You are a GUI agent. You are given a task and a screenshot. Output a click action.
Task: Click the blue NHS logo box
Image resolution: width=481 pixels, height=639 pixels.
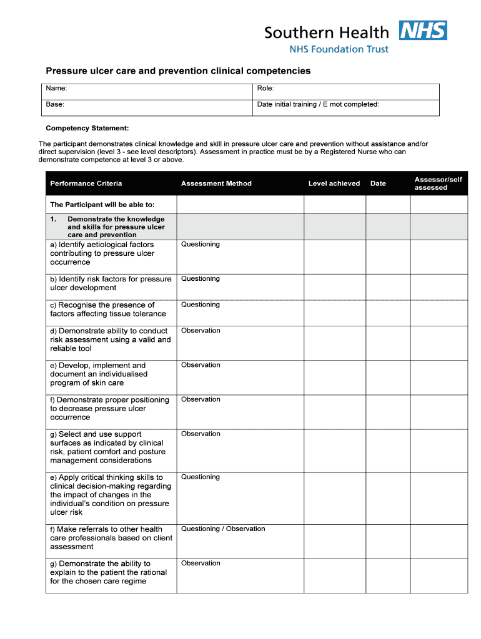tap(423, 31)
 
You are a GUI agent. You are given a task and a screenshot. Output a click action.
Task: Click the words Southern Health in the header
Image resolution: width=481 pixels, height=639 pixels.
tap(326, 32)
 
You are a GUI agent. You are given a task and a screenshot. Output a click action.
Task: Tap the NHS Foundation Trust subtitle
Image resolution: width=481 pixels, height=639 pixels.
tap(339, 49)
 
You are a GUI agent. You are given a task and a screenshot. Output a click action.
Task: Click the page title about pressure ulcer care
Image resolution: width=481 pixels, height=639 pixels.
tap(178, 71)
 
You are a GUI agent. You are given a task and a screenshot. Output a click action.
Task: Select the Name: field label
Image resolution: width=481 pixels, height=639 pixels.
tap(57, 89)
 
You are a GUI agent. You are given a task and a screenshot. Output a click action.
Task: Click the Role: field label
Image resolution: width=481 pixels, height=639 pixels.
tap(265, 89)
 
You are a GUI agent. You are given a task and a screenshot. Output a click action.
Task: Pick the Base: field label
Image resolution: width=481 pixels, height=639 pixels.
tap(56, 105)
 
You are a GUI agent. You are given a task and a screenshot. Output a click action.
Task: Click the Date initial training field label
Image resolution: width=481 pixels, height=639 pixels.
tap(318, 105)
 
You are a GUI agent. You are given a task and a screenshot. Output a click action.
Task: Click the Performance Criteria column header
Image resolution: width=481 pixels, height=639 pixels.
tap(86, 183)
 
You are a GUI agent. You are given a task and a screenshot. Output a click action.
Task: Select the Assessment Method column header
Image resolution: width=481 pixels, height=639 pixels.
tap(216, 183)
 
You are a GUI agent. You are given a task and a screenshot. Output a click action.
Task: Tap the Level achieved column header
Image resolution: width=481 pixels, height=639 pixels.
tap(334, 183)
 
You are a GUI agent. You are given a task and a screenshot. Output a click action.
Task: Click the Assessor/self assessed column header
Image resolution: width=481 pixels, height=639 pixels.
tap(438, 183)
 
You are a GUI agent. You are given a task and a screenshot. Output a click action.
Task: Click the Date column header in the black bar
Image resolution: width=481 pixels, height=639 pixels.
tap(378, 183)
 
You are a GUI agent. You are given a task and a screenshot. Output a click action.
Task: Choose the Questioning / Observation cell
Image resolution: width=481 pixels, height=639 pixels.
tap(223, 529)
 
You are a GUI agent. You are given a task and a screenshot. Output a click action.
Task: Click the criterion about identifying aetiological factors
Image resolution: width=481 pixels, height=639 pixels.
tap(103, 253)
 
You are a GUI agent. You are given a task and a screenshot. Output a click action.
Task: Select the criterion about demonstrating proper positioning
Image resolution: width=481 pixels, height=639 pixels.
tap(109, 409)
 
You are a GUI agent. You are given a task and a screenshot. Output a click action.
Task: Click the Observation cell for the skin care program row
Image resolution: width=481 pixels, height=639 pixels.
tap(201, 365)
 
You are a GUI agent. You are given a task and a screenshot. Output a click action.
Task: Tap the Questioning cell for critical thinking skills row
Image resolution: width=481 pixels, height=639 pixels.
tap(201, 477)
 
